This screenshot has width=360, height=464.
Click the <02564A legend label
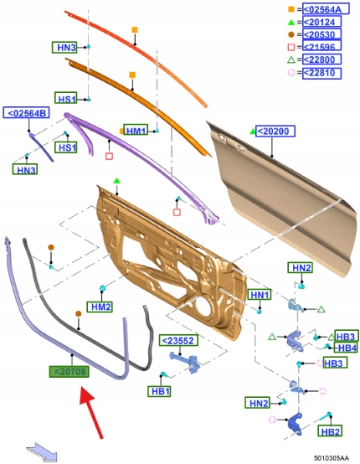[x=326, y=9]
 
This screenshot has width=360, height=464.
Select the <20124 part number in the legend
[x=321, y=22]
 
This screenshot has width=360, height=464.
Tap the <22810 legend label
[x=321, y=73]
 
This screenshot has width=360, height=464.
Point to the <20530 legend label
[x=321, y=34]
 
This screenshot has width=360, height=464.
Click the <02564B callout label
[x=26, y=113]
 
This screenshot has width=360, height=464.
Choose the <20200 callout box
[x=275, y=131]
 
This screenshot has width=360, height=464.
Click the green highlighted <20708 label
[x=69, y=371]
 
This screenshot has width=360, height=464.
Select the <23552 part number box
[x=178, y=340]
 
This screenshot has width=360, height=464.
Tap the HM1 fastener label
[x=136, y=130]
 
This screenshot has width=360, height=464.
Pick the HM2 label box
[x=100, y=307]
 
